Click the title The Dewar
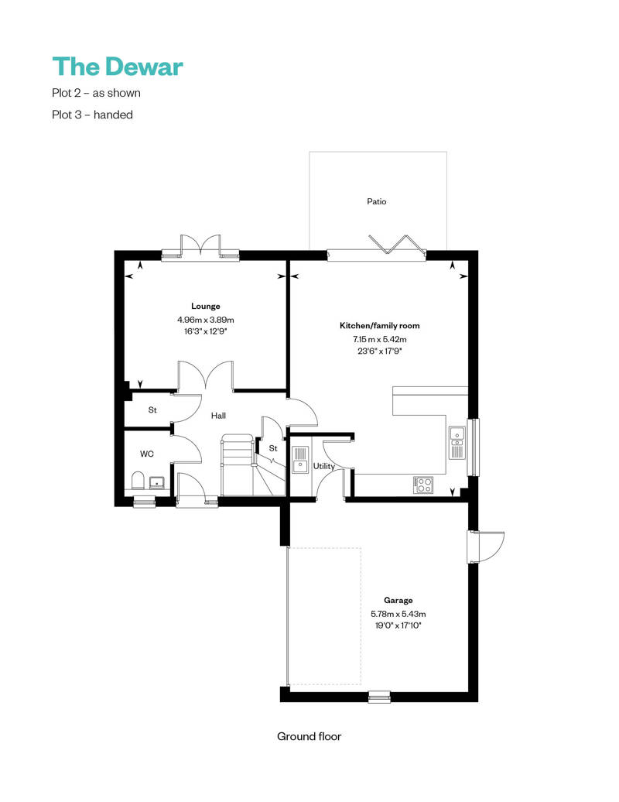pos(118,67)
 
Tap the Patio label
pos(376,201)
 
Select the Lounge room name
pos(206,307)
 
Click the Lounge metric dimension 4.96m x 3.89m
pos(206,319)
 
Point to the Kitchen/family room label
pos(379,326)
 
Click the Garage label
pos(398,600)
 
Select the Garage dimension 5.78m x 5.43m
pos(398,613)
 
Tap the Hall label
pos(219,416)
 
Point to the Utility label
pos(323,466)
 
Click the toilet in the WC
pos(138,482)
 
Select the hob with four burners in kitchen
pos(423,485)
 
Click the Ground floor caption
pos(309,736)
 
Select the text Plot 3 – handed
pos(92,115)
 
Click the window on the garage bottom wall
pos(379,697)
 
